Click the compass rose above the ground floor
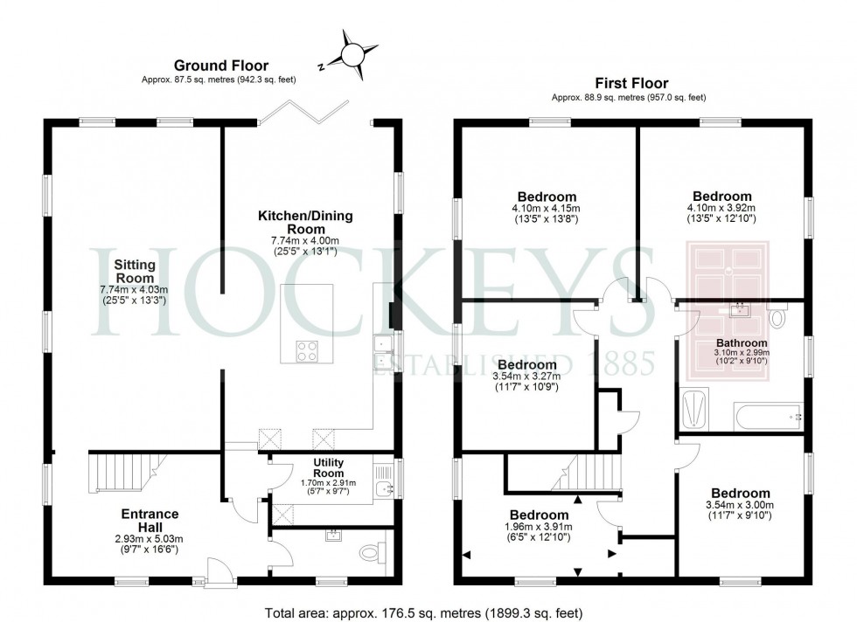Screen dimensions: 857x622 [x=352, y=55]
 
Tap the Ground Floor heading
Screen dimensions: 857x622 [x=220, y=66]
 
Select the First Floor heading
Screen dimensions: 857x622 [x=631, y=83]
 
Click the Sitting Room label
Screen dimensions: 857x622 [x=135, y=271]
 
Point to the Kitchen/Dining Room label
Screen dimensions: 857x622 [x=305, y=222]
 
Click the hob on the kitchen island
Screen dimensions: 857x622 [x=307, y=350]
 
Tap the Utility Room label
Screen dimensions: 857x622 [x=329, y=468]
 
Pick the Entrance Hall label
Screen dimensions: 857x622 [x=150, y=521]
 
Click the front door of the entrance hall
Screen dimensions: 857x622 [x=219, y=571]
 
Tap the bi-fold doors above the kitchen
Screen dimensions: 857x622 [x=304, y=112]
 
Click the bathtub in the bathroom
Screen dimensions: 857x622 [x=768, y=418]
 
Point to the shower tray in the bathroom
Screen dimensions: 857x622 [x=694, y=410]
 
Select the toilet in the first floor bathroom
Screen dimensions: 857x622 [x=777, y=317]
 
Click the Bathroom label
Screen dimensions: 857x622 [x=742, y=343]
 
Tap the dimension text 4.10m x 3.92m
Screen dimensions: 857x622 [x=721, y=208]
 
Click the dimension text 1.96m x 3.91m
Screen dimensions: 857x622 [x=539, y=527]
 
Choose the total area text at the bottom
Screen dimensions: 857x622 [x=423, y=612]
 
